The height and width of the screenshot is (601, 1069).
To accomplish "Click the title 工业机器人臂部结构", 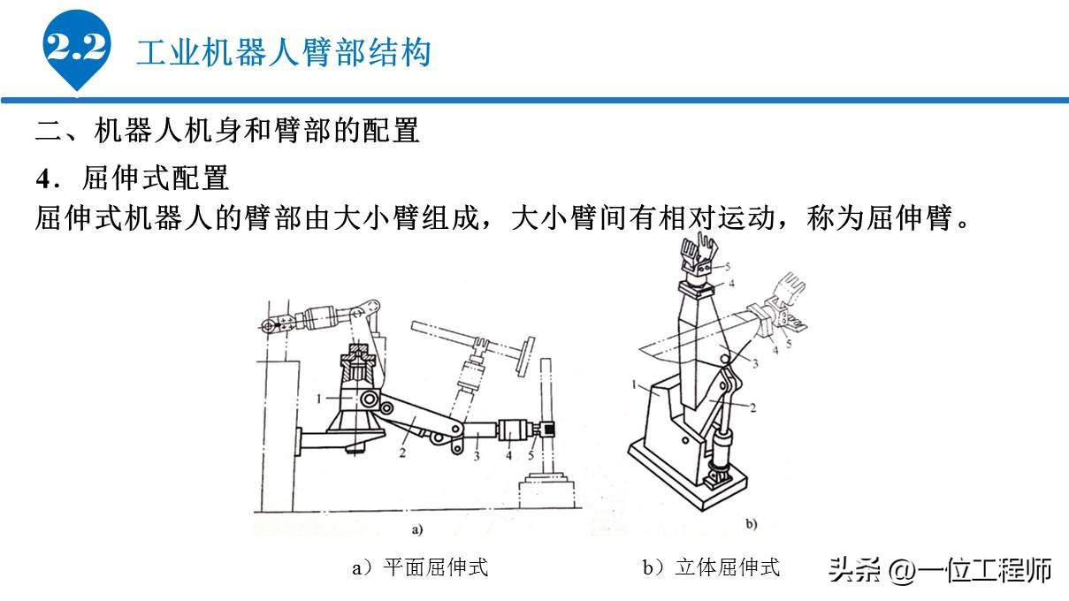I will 283,52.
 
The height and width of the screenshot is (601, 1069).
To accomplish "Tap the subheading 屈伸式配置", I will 156,179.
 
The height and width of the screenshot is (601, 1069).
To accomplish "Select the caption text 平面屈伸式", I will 435,567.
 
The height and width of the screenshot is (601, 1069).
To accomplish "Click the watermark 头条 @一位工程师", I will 939,570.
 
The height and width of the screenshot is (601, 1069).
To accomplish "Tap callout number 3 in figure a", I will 475,456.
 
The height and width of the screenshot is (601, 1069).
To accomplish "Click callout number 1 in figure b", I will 635,384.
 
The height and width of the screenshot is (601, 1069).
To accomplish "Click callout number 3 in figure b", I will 756,363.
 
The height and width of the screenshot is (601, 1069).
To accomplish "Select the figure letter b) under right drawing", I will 751,524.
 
